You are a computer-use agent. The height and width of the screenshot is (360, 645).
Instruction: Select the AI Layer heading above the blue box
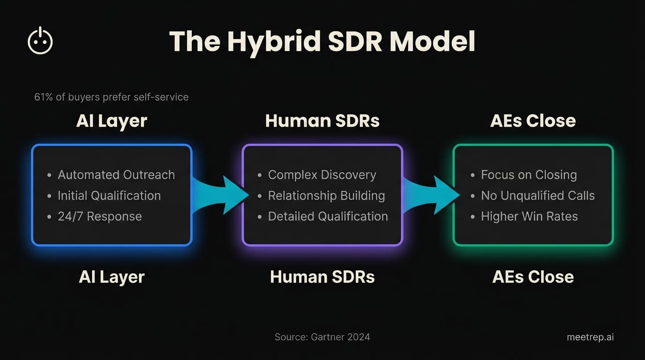coord(112,121)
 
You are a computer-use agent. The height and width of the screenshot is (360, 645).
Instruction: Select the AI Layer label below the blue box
coord(112,277)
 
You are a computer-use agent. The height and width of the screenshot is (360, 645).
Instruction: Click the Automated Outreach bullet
coord(116,175)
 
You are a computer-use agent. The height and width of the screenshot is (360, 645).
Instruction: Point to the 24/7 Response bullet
coord(99,217)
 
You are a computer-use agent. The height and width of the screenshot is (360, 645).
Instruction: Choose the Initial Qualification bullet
coord(109,195)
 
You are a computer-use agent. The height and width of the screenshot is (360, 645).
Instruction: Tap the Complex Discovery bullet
coord(322,175)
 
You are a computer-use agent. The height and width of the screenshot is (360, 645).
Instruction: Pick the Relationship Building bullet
coord(326,195)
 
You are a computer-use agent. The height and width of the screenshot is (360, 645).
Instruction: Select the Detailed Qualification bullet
coord(328,217)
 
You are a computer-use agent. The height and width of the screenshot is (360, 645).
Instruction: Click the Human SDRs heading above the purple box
coord(322,121)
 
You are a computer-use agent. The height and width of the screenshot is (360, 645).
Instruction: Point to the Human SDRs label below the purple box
coord(322,277)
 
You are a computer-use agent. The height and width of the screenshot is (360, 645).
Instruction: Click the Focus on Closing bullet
coord(528,175)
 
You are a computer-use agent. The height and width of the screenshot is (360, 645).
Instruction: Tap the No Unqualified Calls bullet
coord(538,195)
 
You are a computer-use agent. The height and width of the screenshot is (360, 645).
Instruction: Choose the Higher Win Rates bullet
coord(529,217)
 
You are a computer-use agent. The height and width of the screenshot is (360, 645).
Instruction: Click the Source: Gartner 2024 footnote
coord(322,337)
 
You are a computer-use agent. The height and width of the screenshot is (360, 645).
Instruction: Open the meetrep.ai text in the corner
coord(590,337)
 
